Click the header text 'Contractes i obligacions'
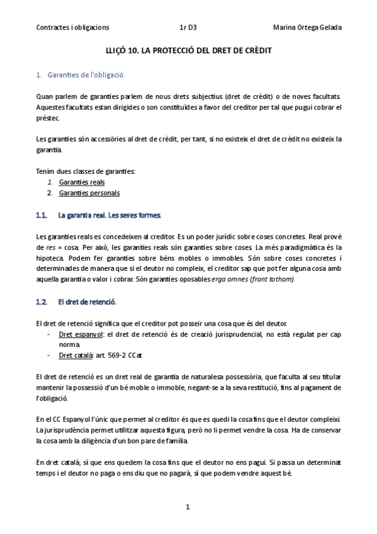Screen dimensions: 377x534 coord(72,28)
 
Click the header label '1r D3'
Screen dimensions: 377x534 coord(188,28)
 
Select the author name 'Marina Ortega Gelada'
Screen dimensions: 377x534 coord(307,28)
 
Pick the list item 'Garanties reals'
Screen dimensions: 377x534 coord(82,182)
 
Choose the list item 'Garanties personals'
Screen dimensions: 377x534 coord(89,193)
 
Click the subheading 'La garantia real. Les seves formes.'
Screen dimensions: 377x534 coord(110,215)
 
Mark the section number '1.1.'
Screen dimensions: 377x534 coord(42,215)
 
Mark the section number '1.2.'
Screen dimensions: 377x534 coord(42,302)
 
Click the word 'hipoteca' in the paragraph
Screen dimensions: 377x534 coord(50,258)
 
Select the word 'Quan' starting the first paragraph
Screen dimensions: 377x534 coord(44,96)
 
